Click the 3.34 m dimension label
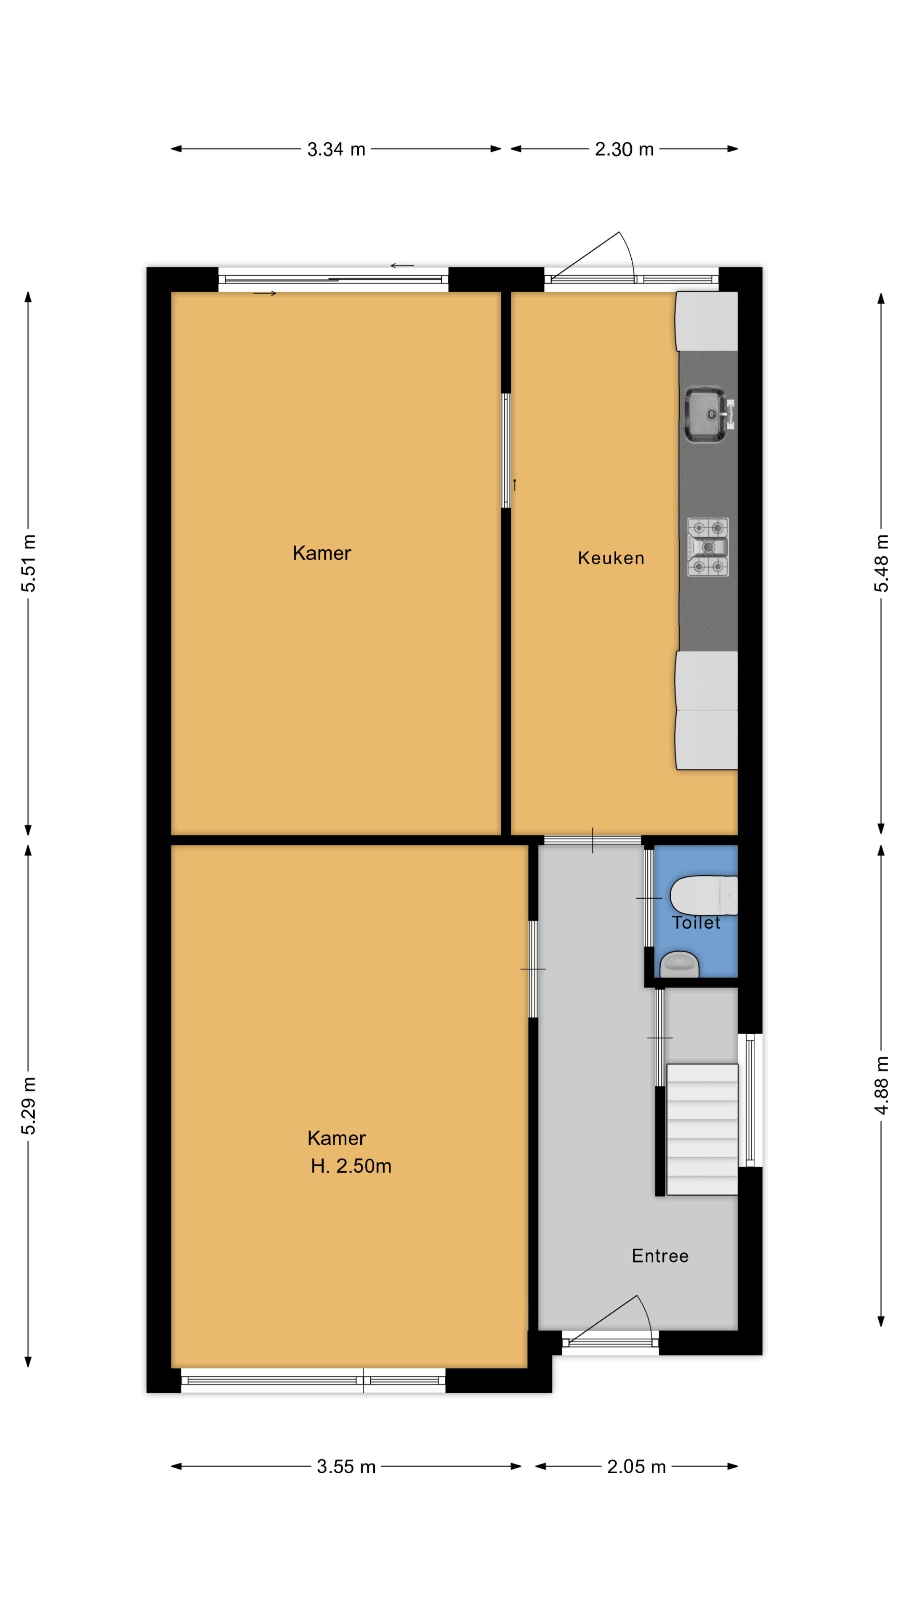point(336,149)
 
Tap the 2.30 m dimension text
point(624,149)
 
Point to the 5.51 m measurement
point(29,563)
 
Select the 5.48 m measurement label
point(881,563)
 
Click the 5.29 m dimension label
point(29,1106)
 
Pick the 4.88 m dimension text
point(881,1085)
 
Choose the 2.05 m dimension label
point(636,1467)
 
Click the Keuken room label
point(611,558)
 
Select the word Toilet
point(696,922)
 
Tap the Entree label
point(660,1256)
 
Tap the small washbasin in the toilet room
point(679,964)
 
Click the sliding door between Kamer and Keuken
point(505,450)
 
